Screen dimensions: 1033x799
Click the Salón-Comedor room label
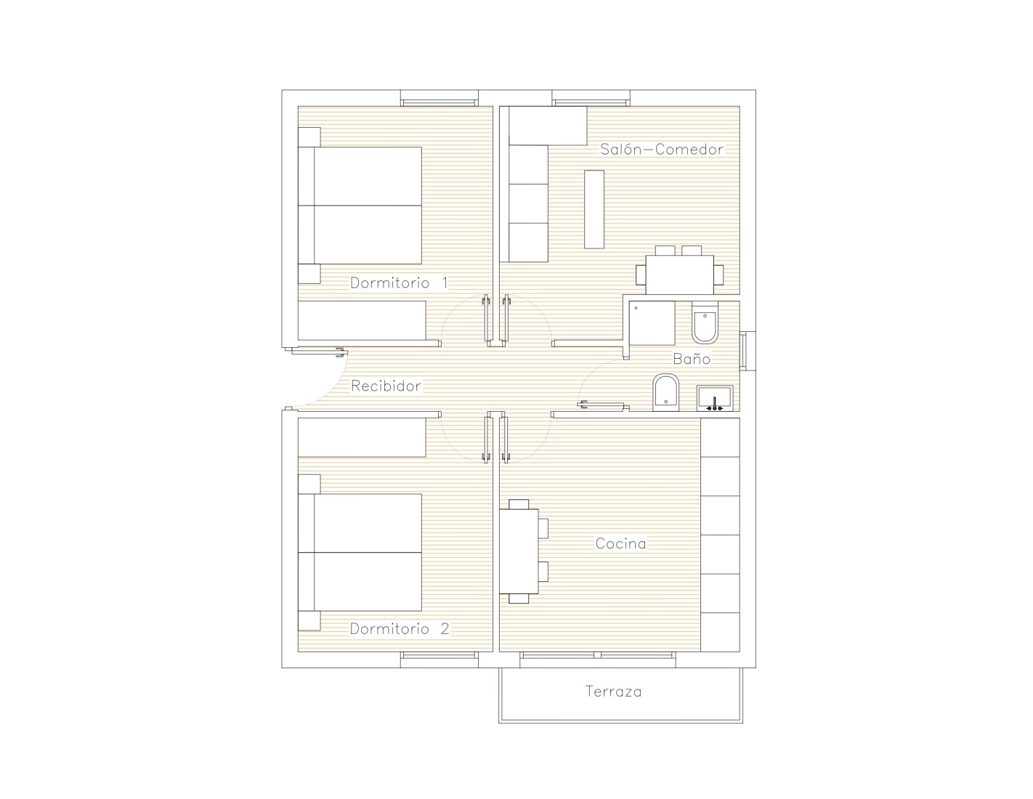coord(661,149)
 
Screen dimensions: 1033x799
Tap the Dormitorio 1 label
coord(399,283)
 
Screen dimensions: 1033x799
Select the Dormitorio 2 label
coord(400,629)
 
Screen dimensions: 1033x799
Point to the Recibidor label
coord(386,386)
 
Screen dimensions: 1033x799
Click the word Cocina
coord(621,543)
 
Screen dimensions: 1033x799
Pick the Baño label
coord(692,358)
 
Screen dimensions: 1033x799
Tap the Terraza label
coord(613,691)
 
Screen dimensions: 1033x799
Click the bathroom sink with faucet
coord(715,398)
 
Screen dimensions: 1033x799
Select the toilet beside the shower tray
coord(705,323)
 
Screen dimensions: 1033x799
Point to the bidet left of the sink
coord(666,393)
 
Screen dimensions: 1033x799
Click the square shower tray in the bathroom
coord(652,323)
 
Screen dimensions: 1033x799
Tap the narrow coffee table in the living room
coord(594,209)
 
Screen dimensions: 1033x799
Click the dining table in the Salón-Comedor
coord(680,275)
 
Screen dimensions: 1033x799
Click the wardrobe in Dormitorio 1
coord(362,320)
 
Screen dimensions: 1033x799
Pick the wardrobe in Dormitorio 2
coord(362,437)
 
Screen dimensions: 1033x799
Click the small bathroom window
coord(744,351)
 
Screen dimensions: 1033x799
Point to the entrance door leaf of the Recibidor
coord(317,352)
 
